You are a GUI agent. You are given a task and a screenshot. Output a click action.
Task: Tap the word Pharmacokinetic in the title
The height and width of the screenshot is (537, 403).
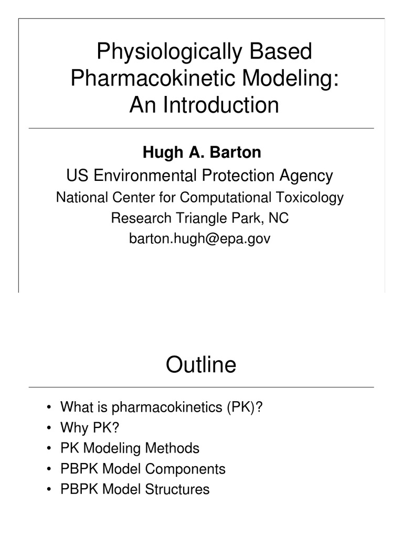pos(143,79)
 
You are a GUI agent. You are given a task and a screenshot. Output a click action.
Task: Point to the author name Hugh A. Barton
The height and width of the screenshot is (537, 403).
pos(201,153)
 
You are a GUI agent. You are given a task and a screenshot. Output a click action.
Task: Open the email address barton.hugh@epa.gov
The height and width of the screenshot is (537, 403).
pos(200,239)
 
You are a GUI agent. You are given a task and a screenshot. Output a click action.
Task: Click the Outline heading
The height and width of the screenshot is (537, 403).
pos(201,365)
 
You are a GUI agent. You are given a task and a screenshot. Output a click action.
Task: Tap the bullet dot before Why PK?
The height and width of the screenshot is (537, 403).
pos(48,428)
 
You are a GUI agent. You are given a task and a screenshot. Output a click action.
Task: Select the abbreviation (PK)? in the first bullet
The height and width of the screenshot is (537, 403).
pos(245,407)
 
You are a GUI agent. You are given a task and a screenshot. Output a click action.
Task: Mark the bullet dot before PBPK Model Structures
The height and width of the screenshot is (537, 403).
pos(48,490)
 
